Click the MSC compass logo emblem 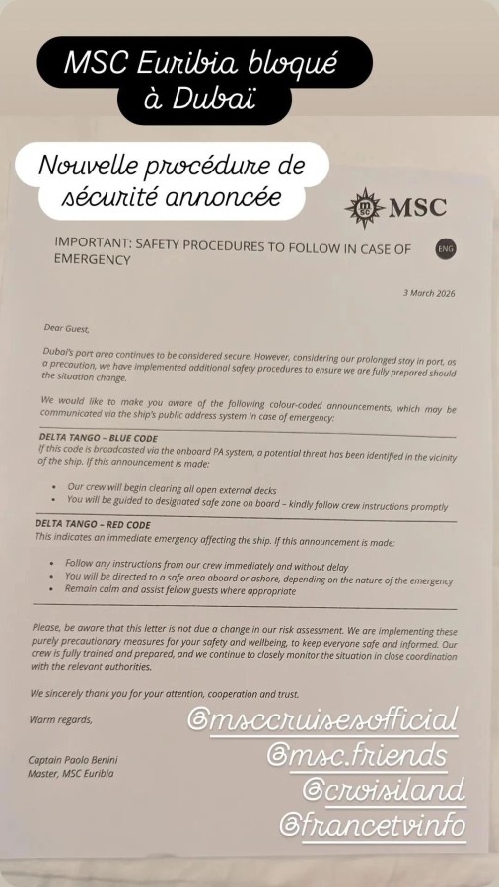[x=365, y=208]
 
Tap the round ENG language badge [x=445, y=249]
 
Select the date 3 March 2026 [x=430, y=293]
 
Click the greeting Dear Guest [x=66, y=328]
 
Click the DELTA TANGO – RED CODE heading [x=94, y=525]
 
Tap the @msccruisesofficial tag [x=321, y=717]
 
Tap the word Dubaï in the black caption [x=214, y=98]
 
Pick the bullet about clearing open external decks [x=166, y=487]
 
